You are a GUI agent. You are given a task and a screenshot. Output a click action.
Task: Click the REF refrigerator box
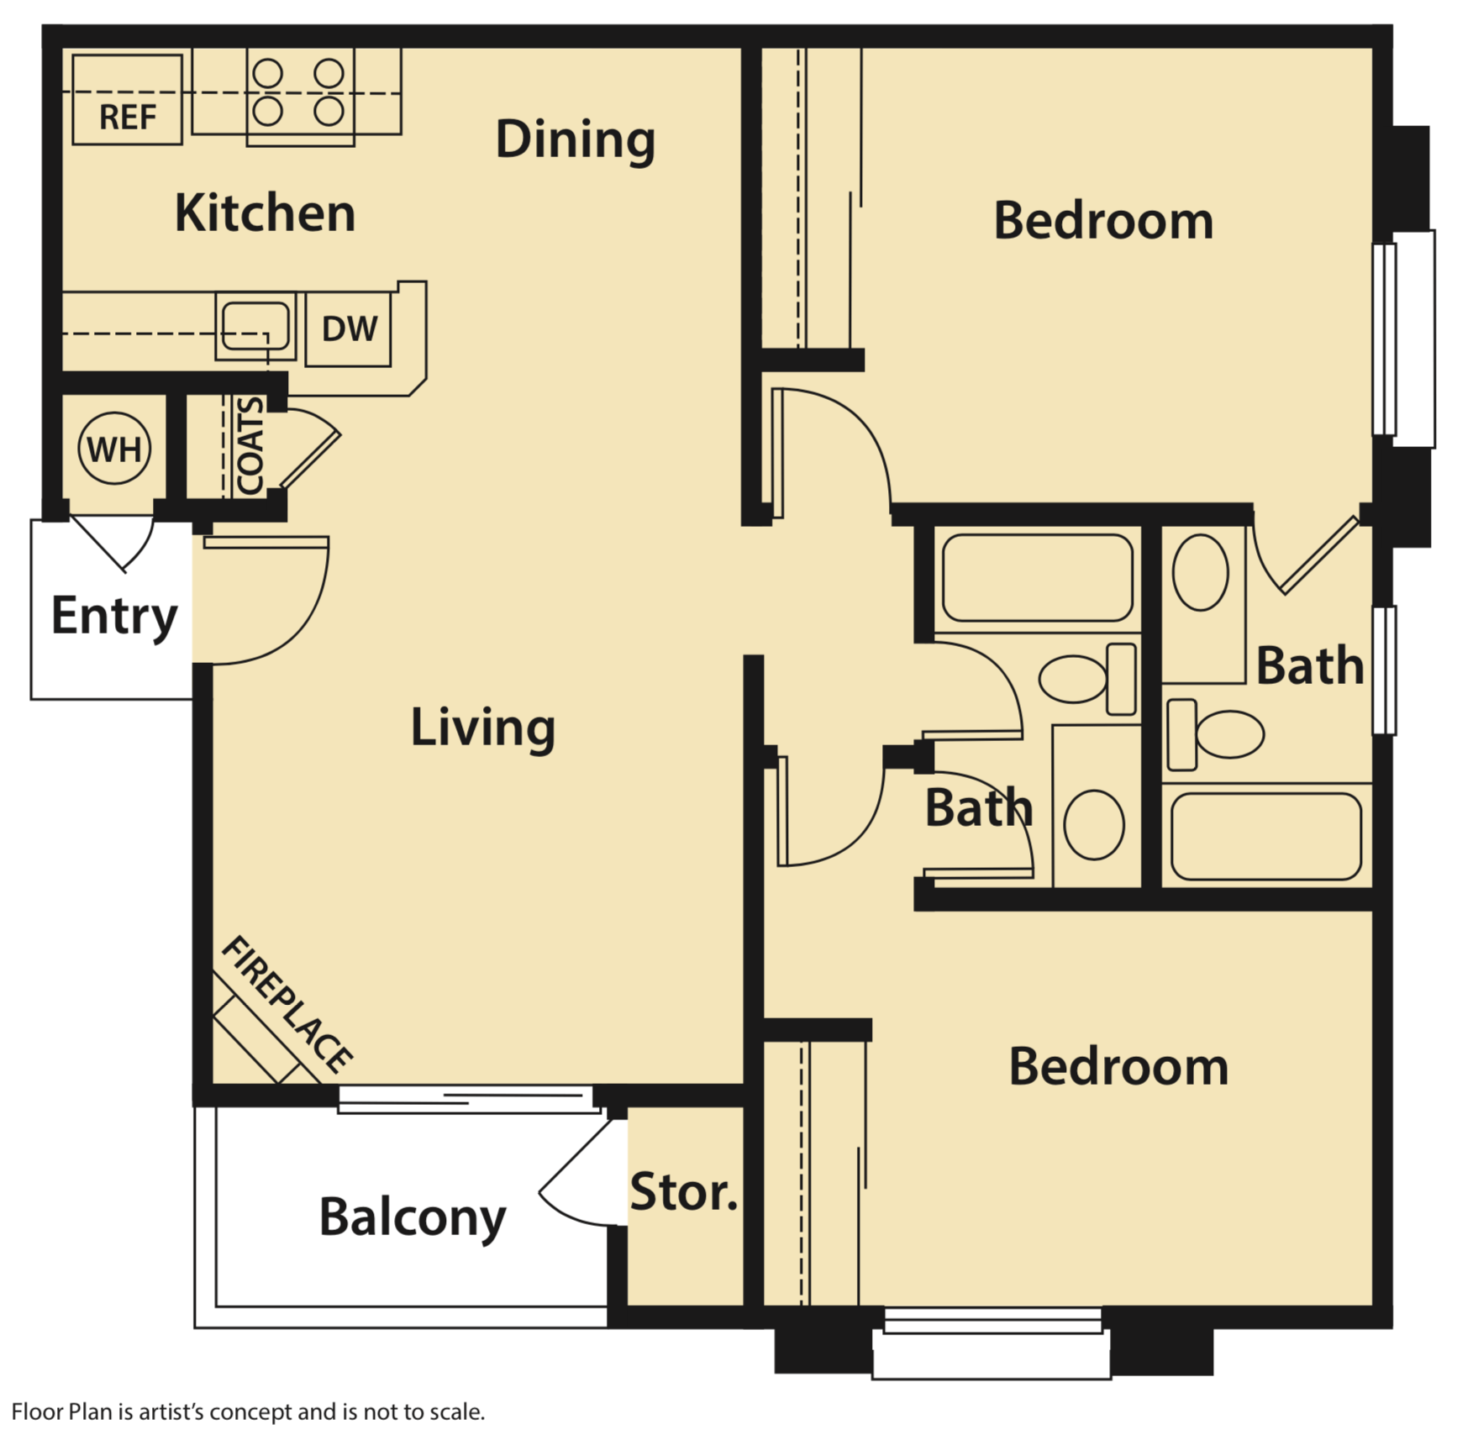(x=127, y=100)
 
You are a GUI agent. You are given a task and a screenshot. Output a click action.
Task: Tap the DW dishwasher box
(x=349, y=329)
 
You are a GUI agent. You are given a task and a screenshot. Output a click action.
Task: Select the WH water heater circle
(x=114, y=449)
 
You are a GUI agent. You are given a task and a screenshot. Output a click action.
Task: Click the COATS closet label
(x=250, y=446)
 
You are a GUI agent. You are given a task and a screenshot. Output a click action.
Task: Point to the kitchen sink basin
(x=255, y=325)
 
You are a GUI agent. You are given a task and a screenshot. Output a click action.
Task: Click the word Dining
(x=575, y=139)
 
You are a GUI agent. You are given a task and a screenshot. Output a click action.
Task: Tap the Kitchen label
(x=265, y=213)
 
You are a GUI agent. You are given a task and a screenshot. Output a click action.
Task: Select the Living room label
(x=482, y=728)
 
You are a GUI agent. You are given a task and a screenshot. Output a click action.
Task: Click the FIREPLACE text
(x=287, y=1004)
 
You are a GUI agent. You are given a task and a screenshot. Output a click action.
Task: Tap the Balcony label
(x=413, y=1217)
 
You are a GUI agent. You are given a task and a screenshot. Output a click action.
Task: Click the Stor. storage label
(x=683, y=1192)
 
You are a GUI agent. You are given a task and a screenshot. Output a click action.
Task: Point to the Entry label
(x=114, y=616)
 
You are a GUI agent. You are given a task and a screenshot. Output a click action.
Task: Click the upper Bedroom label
(x=1103, y=221)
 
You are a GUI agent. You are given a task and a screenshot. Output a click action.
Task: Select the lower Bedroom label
(x=1118, y=1067)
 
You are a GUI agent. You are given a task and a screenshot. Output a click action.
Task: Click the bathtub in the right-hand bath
(x=1265, y=837)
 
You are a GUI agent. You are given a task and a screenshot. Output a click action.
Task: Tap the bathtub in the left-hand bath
(x=1038, y=578)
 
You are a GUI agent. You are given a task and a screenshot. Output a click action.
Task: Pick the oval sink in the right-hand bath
(x=1200, y=572)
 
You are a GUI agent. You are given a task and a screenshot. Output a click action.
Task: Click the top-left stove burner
(x=268, y=74)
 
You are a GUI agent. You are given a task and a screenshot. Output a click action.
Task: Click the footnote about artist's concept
(x=249, y=1411)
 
